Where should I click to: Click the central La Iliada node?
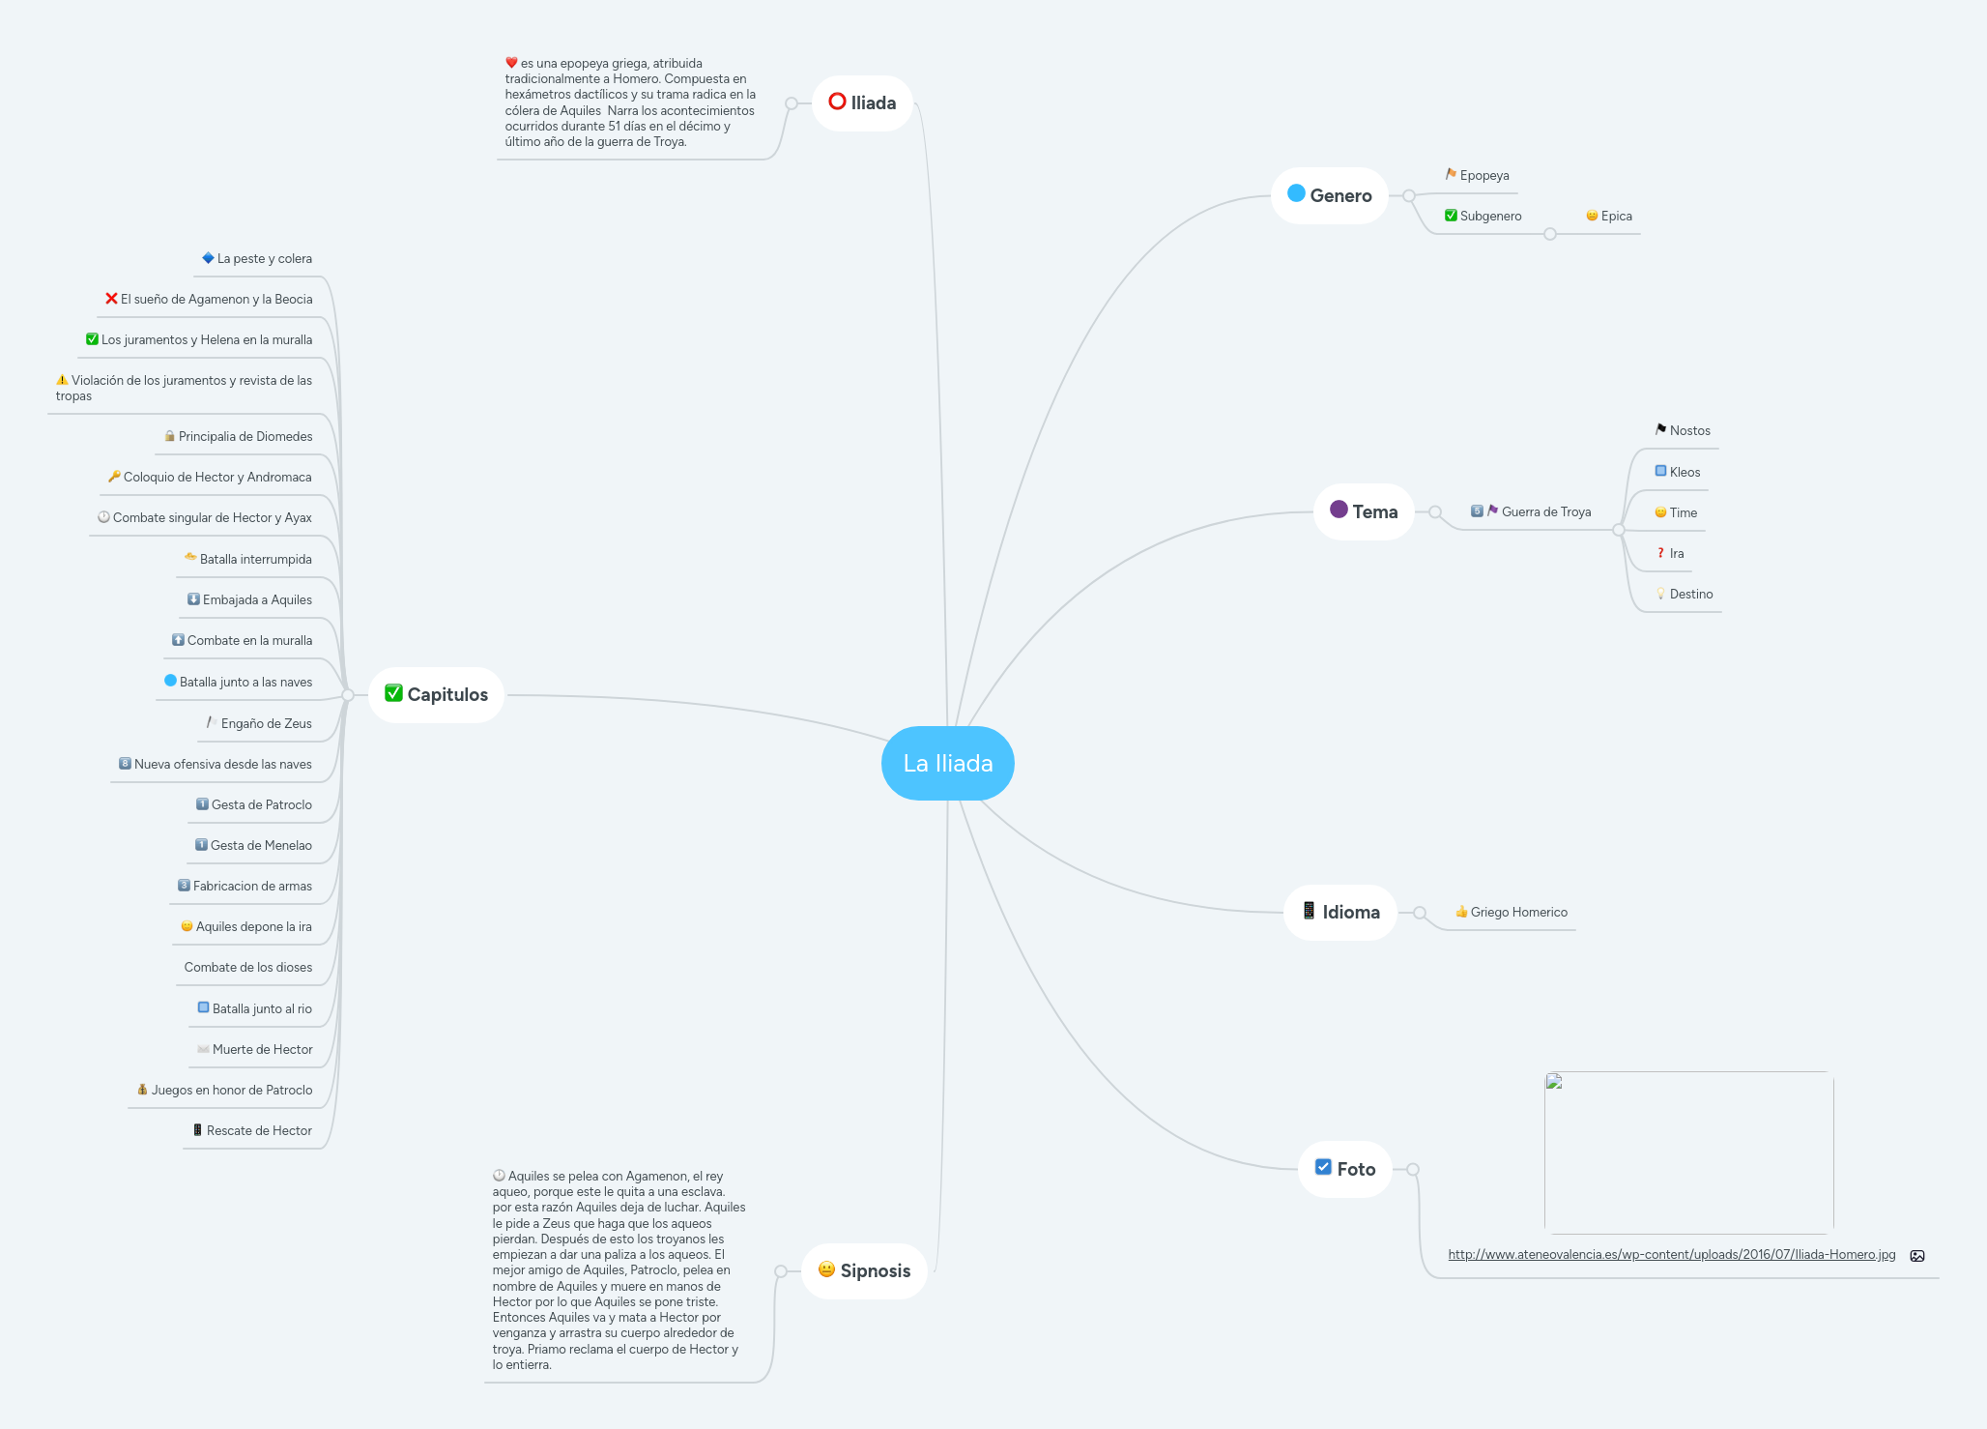coord(947,763)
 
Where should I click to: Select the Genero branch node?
coord(1330,195)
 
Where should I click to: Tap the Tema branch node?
coord(1364,511)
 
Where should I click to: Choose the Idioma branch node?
coord(1340,912)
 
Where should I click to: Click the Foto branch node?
coord(1345,1169)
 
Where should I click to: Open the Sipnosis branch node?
coord(864,1270)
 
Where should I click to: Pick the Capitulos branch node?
coord(436,694)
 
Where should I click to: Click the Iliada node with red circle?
coord(862,102)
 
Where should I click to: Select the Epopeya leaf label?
coord(1484,175)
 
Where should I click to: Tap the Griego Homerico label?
coord(1519,912)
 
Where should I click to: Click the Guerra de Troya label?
coord(1546,511)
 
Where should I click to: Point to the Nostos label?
coord(1690,430)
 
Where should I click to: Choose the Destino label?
coord(1691,594)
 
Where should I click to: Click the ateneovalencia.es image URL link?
coord(1672,1254)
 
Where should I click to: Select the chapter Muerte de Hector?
coord(263,1049)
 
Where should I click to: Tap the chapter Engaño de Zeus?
coord(267,723)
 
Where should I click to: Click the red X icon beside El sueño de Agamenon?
coord(111,299)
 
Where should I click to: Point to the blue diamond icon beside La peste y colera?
coord(208,258)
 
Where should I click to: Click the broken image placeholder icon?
coord(1554,1081)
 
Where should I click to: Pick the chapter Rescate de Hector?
coord(259,1130)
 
